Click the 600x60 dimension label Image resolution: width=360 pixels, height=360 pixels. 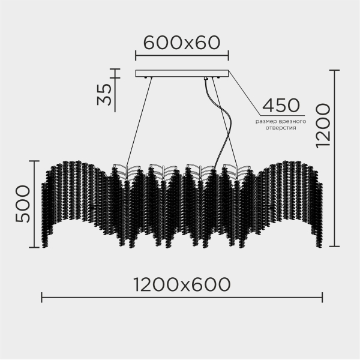pyautogui.click(x=182, y=43)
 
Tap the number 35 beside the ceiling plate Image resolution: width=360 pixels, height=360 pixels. pyautogui.click(x=104, y=94)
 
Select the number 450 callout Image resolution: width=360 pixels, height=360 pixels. pyautogui.click(x=281, y=106)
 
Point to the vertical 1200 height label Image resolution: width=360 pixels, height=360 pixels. pyautogui.click(x=323, y=125)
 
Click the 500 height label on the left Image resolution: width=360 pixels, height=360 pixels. pyautogui.click(x=23, y=204)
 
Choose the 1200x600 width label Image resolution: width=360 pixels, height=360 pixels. pyautogui.click(x=182, y=284)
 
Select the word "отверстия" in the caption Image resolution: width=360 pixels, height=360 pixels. pyautogui.click(x=281, y=128)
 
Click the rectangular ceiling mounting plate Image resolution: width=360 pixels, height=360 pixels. pyautogui.click(x=182, y=73)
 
